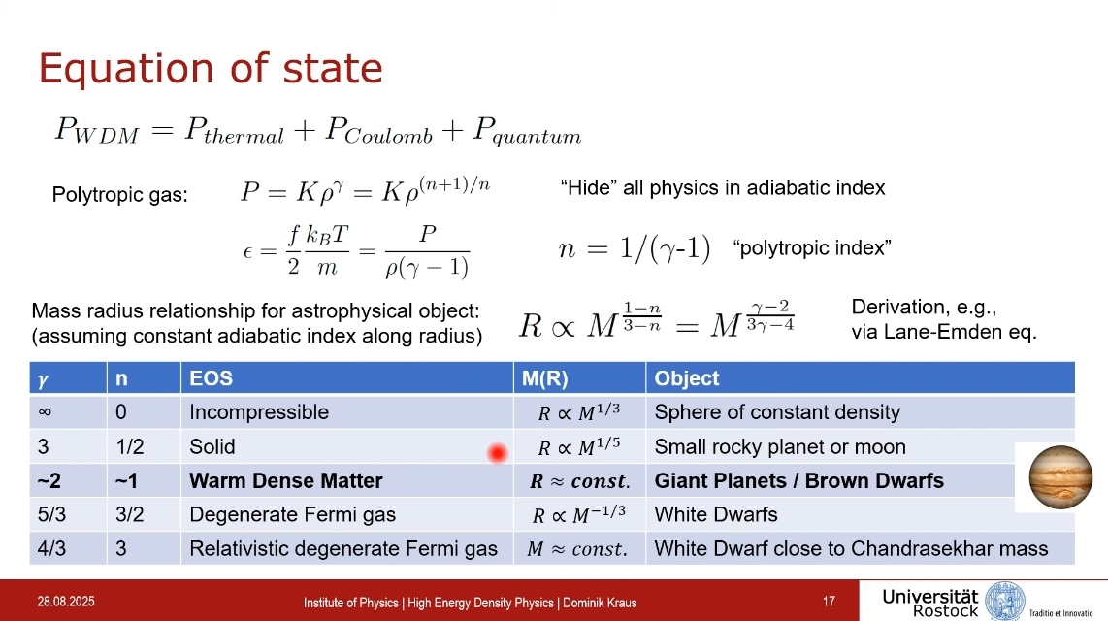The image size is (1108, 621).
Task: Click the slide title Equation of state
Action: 211,69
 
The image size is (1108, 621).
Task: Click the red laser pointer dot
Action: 498,453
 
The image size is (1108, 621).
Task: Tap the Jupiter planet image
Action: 1060,477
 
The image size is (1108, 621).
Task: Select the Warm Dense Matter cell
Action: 285,481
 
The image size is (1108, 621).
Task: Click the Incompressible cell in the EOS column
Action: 259,412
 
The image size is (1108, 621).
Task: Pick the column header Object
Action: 686,378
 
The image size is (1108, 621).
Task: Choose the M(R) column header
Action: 545,378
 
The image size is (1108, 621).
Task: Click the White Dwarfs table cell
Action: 716,514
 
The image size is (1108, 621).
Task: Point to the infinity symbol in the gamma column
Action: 45,412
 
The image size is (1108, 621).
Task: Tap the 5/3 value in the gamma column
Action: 51,514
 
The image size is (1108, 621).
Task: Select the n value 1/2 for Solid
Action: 129,446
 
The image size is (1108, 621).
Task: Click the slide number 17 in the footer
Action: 829,602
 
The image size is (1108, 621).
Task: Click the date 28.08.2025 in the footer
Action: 66,602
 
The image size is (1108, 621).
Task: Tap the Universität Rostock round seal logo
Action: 1005,602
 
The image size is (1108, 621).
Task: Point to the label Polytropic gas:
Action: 120,194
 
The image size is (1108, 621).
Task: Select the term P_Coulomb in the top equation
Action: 378,131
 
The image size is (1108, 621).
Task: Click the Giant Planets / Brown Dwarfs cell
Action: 799,481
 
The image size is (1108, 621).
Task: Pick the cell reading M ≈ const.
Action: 577,549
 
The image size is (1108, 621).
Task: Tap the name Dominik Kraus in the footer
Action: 600,603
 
